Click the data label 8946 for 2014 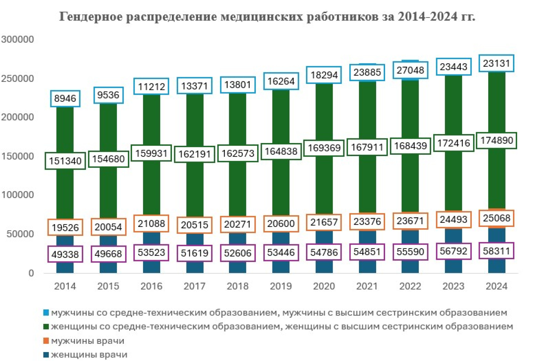tap(65, 98)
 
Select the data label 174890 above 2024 tap(497, 140)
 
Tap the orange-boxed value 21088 tap(151, 224)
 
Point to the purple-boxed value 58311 tap(497, 251)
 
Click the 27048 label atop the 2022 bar tap(410, 70)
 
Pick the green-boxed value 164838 tap(281, 151)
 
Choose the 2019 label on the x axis tap(281, 286)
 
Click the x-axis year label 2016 tap(151, 286)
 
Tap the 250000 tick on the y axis tap(18, 79)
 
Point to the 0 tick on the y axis tap(31, 273)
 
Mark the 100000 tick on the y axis tap(18, 195)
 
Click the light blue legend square tap(46, 312)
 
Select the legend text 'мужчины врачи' tap(87, 341)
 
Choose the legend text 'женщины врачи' tap(89, 355)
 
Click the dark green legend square tap(46, 326)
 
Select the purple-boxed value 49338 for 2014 tap(65, 254)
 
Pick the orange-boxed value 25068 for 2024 tap(497, 218)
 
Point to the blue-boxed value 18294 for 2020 tap(324, 75)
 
